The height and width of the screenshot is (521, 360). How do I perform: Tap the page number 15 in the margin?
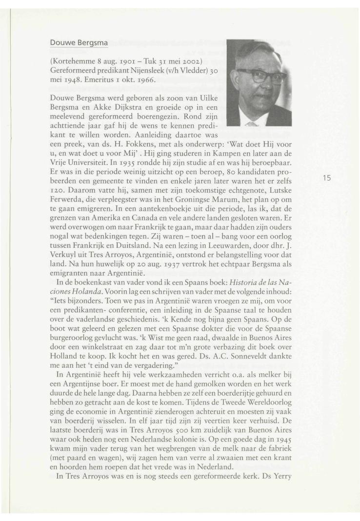pos(327,178)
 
